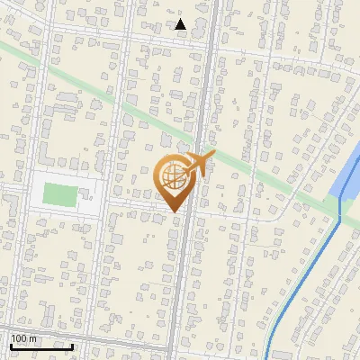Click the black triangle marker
(x=181, y=24)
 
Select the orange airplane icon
(x=195, y=166)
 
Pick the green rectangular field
(x=60, y=193)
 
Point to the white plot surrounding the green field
(x=90, y=208)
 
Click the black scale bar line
(x=41, y=346)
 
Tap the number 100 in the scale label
(x=20, y=338)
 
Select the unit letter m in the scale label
(x=34, y=338)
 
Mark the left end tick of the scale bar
(x=11, y=344)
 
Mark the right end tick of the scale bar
(x=72, y=344)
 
